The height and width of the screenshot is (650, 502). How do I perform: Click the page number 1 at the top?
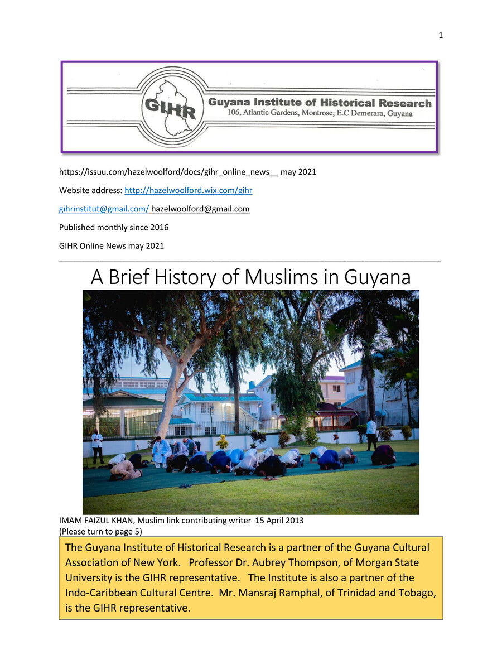click(x=441, y=36)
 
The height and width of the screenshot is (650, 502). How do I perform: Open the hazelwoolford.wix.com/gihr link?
click(x=188, y=190)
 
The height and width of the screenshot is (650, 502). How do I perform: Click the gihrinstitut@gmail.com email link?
click(x=103, y=209)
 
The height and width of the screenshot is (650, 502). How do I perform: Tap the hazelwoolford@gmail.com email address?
click(x=200, y=209)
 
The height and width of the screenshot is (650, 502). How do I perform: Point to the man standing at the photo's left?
click(x=97, y=446)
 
